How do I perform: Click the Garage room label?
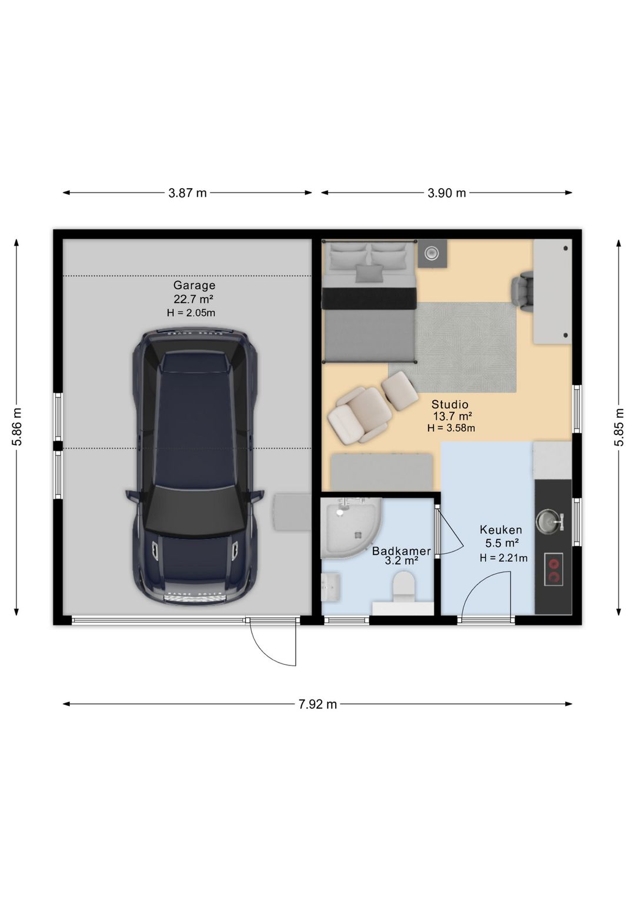coord(194,285)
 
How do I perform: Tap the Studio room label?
coord(450,404)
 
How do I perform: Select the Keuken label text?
coord(501,530)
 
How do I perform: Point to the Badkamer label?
coord(402,551)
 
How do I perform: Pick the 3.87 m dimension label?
coord(188,193)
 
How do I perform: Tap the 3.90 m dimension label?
coord(447,193)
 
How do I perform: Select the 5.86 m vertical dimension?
coord(17,427)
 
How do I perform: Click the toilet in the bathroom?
coord(403,587)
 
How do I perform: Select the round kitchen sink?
coord(548,521)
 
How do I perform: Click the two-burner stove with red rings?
coord(554,570)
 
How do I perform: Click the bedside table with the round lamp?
coord(432,253)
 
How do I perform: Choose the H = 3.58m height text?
coord(451,428)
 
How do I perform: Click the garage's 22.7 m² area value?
coord(193,299)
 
